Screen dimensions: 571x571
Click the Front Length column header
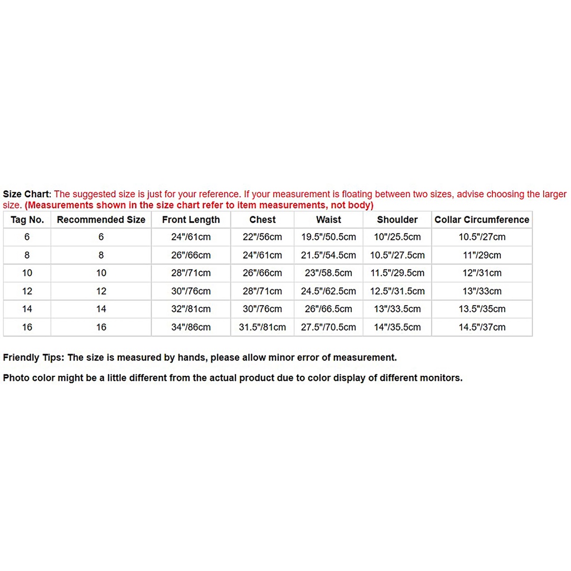click(x=191, y=220)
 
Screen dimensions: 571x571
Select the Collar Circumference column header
click(x=482, y=220)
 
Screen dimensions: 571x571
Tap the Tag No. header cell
click(x=27, y=220)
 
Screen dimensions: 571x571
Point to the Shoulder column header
click(x=397, y=220)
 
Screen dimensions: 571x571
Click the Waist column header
click(x=328, y=220)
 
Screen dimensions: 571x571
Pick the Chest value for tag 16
click(x=262, y=327)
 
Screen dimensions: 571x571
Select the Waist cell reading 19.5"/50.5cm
click(x=328, y=237)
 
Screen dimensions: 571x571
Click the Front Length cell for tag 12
click(x=191, y=291)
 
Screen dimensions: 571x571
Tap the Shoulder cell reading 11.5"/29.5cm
click(x=397, y=273)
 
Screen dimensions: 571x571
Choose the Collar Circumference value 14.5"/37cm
click(x=482, y=327)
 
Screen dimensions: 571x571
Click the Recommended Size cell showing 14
click(x=101, y=309)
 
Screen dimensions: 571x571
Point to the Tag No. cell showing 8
click(x=27, y=255)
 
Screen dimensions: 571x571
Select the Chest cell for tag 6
click(x=262, y=237)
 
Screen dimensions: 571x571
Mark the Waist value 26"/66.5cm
click(x=328, y=309)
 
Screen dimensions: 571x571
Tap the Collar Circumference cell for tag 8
click(x=482, y=255)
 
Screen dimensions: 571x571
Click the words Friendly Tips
click(x=33, y=358)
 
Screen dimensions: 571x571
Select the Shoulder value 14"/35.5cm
click(x=397, y=327)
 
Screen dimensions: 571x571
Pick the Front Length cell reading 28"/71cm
click(x=191, y=273)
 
